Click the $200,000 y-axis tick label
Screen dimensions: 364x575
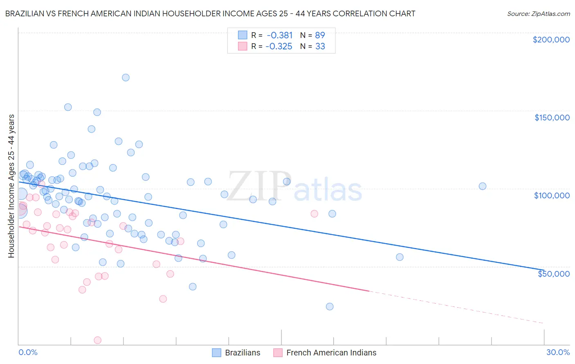point(551,40)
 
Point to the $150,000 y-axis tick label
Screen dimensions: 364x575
point(552,118)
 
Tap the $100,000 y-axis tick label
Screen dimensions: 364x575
point(552,195)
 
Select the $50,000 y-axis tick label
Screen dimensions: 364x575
point(553,273)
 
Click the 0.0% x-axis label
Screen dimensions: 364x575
point(28,352)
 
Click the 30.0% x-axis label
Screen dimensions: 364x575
point(558,352)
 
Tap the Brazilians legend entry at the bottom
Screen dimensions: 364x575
point(242,353)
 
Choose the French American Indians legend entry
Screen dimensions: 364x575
point(331,353)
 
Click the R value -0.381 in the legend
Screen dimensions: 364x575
point(279,35)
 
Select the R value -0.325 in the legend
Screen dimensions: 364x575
point(279,46)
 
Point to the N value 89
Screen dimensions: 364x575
point(320,35)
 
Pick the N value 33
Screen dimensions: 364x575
point(320,46)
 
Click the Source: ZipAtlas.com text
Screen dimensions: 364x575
point(538,13)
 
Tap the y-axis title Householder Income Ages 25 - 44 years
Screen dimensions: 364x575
point(11,186)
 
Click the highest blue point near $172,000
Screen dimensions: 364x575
point(126,78)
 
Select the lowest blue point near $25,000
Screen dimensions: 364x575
point(330,306)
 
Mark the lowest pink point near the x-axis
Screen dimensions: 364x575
point(98,340)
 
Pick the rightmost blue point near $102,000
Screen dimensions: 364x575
point(483,186)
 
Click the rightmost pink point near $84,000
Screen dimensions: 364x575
point(314,214)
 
